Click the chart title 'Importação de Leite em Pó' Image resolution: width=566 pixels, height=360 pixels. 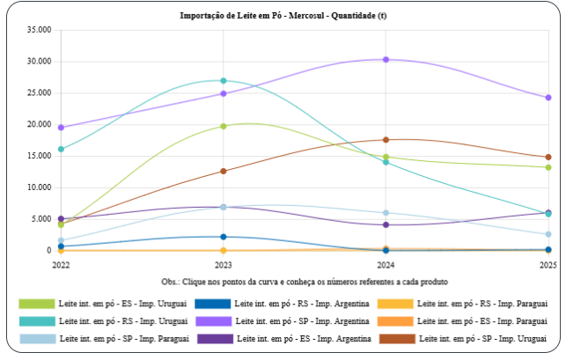pos(283,16)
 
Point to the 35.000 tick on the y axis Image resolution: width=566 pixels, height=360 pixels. pos(40,30)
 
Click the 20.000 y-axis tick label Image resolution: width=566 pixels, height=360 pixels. pos(40,125)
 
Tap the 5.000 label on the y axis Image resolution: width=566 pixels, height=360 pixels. pos(42,219)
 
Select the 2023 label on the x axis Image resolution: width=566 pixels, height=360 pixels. pos(224,264)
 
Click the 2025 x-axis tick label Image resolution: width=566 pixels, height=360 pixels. pos(548,264)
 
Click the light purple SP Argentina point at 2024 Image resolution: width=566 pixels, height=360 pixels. pos(386,60)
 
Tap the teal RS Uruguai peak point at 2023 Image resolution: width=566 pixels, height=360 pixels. pos(224,81)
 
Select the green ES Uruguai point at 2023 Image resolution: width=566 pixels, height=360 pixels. pos(224,126)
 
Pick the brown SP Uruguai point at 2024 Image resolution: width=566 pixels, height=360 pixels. pos(386,140)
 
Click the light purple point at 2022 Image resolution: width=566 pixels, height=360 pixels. pos(61,128)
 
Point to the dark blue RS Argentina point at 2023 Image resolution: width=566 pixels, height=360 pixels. pos(224,237)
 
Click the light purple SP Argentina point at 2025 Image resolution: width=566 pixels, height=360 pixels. pos(548,98)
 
